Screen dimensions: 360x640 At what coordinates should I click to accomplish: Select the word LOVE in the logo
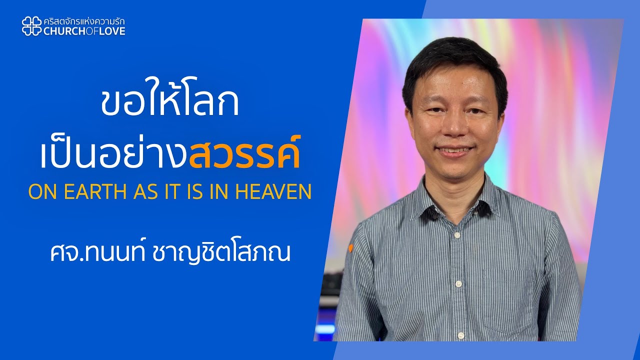pos(114,31)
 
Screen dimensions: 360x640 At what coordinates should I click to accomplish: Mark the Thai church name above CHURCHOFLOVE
pos(84,21)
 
